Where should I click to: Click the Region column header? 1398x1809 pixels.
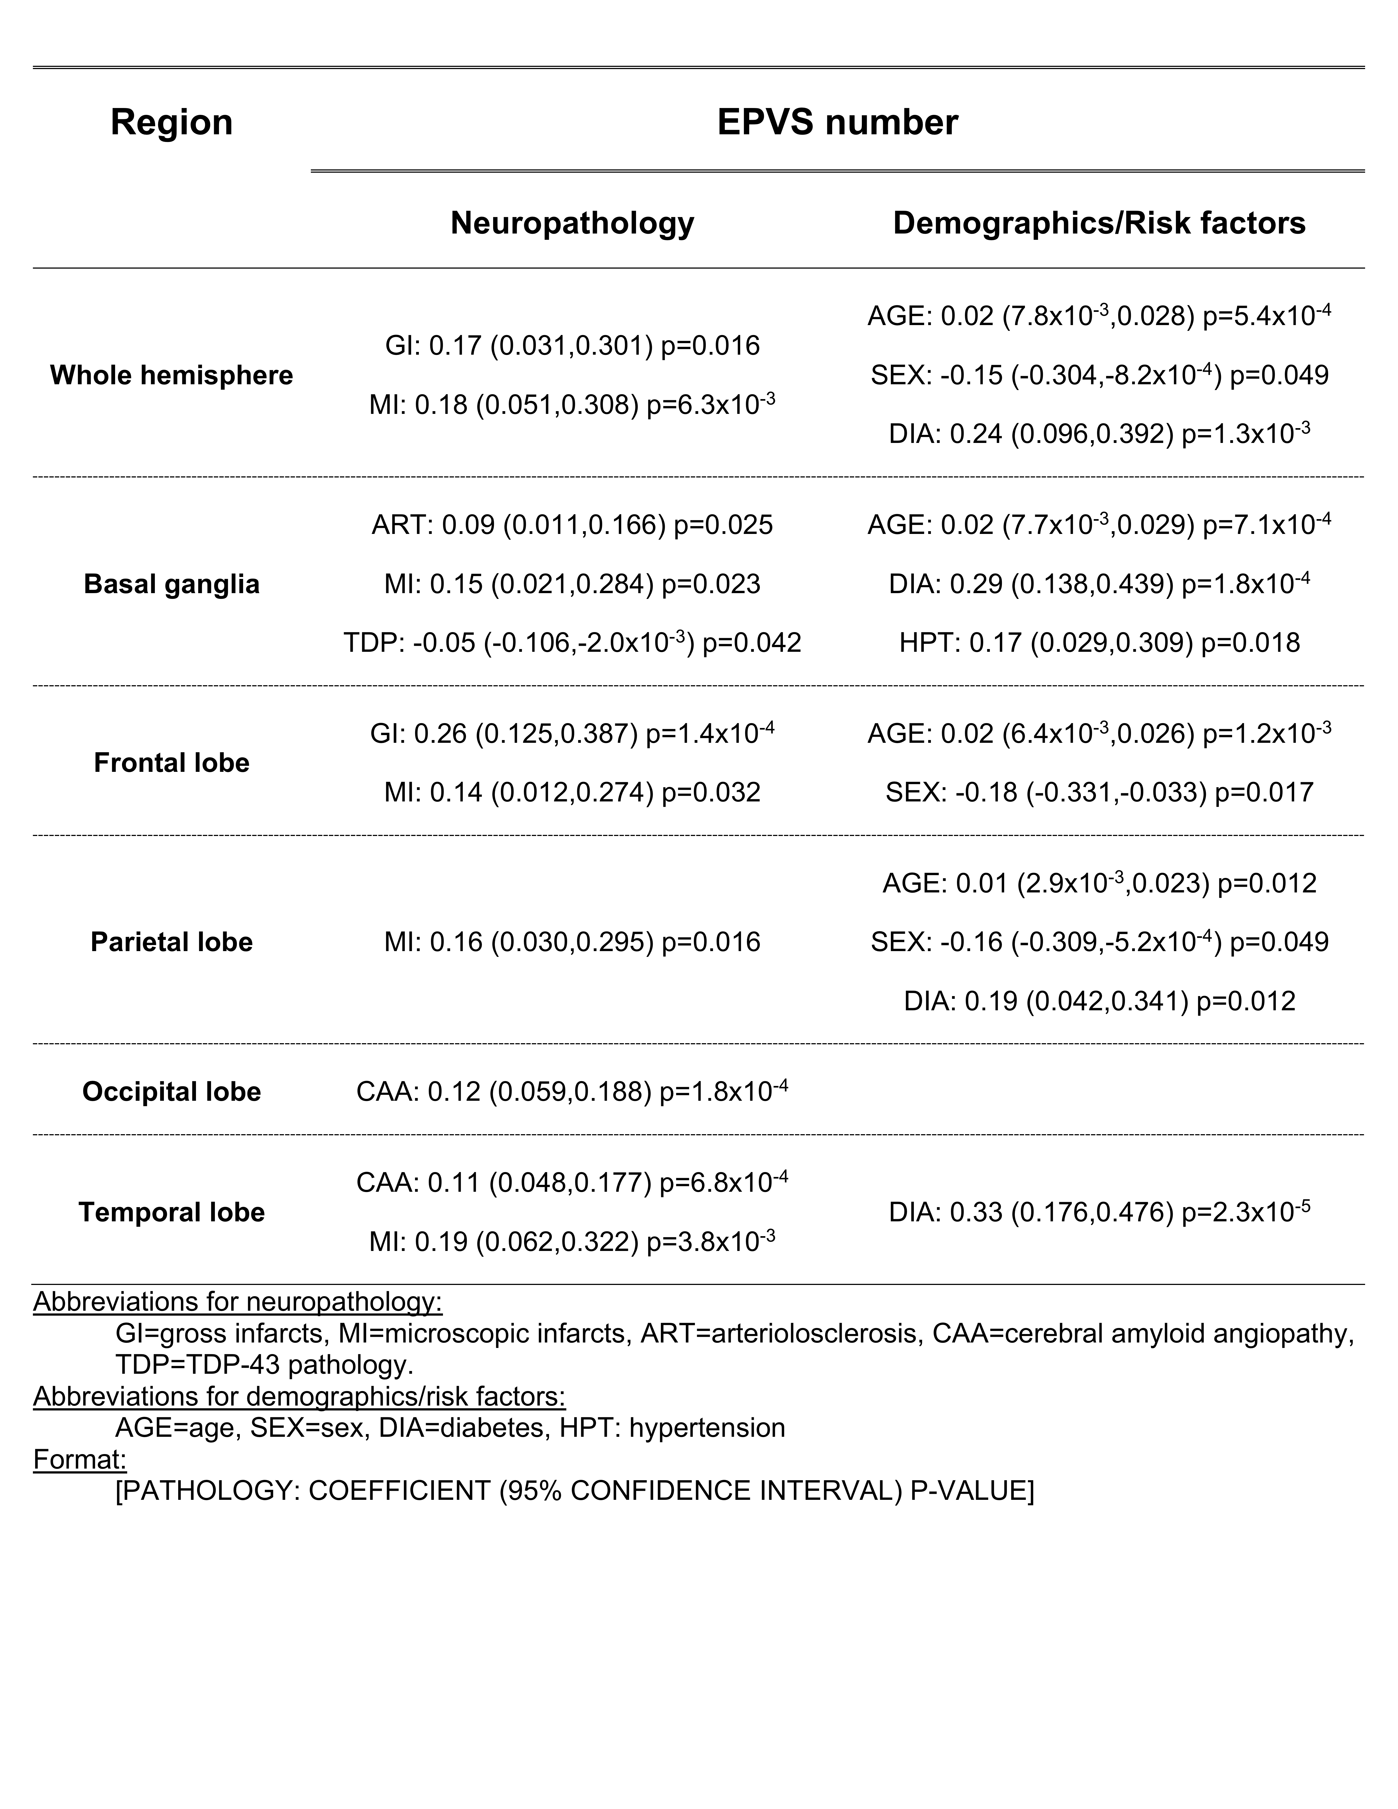tap(171, 123)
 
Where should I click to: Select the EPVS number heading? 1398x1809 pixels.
tap(837, 123)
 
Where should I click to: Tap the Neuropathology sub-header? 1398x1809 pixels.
tap(572, 223)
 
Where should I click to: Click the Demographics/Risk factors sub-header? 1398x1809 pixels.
tap(1099, 223)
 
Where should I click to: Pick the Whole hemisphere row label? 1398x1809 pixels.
tap(171, 375)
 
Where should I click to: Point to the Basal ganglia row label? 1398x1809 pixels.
tap(171, 584)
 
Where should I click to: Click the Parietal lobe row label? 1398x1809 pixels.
tap(171, 942)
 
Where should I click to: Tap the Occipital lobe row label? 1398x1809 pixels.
tap(171, 1092)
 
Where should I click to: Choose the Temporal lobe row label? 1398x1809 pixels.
tap(171, 1212)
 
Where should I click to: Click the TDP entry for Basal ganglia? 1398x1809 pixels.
tap(572, 643)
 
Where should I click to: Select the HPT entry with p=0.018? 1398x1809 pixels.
tap(1099, 643)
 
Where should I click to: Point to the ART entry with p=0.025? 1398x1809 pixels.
tap(572, 525)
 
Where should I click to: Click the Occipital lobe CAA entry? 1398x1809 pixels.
tap(572, 1092)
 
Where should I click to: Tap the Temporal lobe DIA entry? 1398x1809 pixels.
tap(1099, 1212)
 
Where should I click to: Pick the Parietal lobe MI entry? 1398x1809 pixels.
tap(572, 942)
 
